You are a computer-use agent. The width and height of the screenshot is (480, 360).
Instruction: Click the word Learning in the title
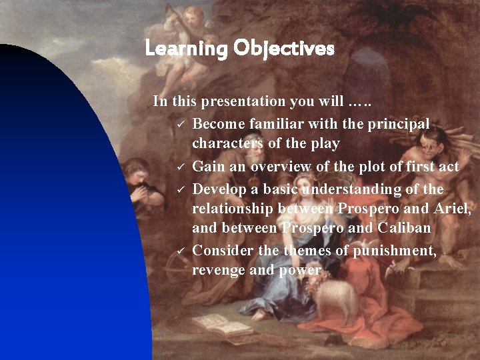point(186,49)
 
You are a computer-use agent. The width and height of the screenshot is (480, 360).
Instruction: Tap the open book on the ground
point(220,325)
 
